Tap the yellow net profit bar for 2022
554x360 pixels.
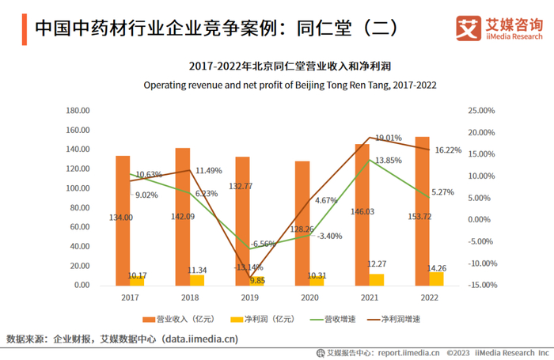coord(436,279)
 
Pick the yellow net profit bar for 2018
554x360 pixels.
coord(197,280)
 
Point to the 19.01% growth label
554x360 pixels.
coord(389,137)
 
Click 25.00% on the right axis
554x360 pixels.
coord(482,111)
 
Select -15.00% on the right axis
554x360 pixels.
coord(482,286)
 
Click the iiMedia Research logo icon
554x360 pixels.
coord(468,28)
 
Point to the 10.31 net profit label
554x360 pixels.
coord(316,276)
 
